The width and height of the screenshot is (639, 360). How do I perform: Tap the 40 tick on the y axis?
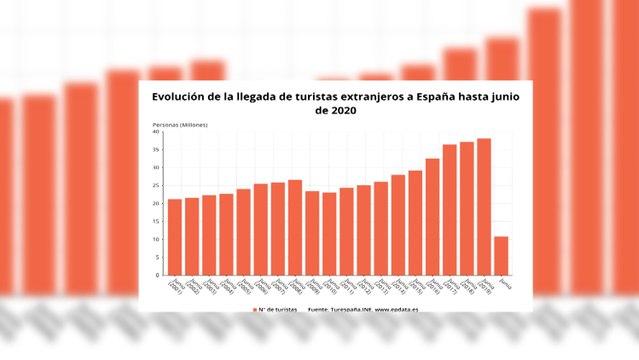tap(156, 132)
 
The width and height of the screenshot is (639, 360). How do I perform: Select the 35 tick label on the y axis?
tap(156, 150)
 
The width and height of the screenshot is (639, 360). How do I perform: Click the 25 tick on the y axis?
tap(156, 186)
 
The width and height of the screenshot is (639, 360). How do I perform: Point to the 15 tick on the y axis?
tap(156, 222)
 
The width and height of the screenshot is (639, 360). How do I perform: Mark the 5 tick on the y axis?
tap(157, 258)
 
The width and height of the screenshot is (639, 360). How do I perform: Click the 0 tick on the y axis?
tap(158, 275)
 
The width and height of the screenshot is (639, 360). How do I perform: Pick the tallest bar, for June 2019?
tap(484, 207)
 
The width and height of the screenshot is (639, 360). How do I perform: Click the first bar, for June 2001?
tap(175, 237)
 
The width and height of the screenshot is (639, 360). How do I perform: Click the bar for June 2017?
tap(450, 210)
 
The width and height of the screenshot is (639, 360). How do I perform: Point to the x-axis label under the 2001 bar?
tap(175, 287)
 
